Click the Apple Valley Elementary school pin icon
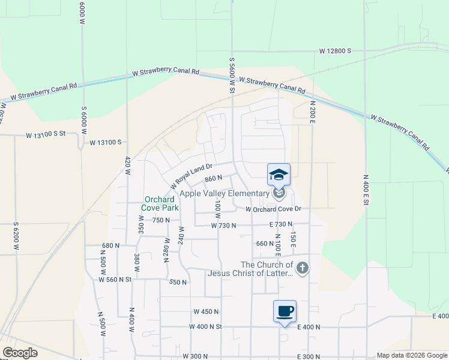point(279,175)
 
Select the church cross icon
point(303,268)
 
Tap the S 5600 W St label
point(231,75)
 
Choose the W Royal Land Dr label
point(191,174)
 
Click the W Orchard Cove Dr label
point(273,209)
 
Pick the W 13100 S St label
point(45,136)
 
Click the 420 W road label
point(127,166)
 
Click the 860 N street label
point(214,178)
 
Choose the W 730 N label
point(223,225)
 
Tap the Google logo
point(20,352)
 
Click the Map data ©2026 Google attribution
point(412,355)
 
